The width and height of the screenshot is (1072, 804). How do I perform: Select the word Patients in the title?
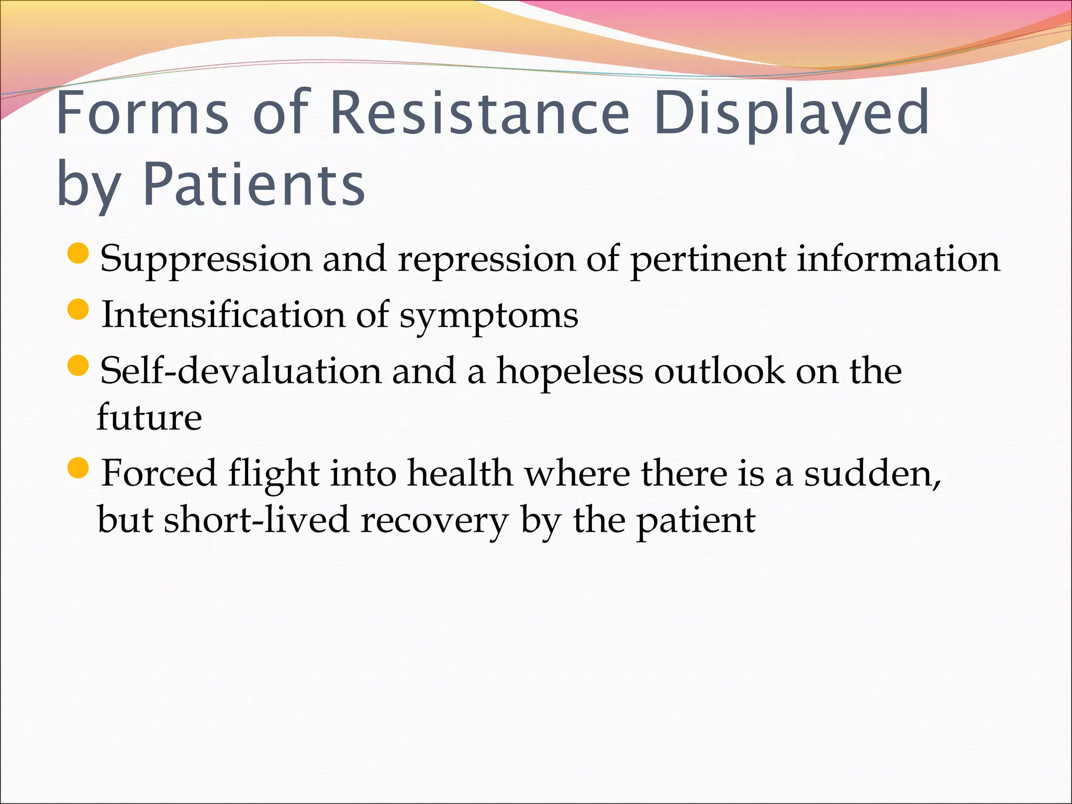pos(253,184)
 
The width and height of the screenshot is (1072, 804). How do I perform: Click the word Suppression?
pos(205,260)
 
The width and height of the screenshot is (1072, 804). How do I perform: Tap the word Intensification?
pos(223,315)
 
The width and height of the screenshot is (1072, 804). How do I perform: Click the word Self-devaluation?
pos(240,371)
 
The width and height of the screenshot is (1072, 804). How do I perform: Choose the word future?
pos(149,417)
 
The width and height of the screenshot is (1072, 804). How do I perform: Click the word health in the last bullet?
pos(460,473)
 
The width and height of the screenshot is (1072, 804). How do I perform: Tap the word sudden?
pos(872,473)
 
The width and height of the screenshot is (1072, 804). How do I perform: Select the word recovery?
pos(434,521)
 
